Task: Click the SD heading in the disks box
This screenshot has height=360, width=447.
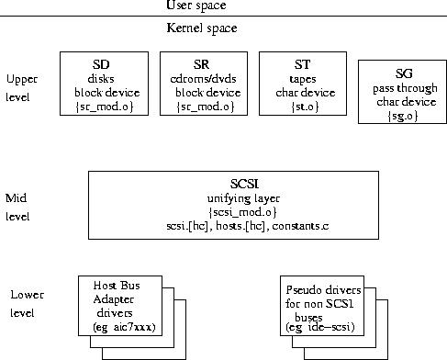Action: (x=101, y=64)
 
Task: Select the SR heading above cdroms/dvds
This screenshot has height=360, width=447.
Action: (x=201, y=64)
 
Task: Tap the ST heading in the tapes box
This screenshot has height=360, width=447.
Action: (x=302, y=64)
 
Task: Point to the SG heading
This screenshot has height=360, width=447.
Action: (x=404, y=73)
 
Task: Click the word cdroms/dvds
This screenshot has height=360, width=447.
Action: (x=203, y=79)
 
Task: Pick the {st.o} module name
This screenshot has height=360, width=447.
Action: (x=305, y=107)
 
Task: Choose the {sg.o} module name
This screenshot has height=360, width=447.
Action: (x=403, y=116)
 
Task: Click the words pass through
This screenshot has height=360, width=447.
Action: (x=405, y=88)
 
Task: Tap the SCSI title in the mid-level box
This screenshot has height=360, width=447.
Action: (x=244, y=184)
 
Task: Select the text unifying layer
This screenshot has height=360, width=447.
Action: (x=243, y=198)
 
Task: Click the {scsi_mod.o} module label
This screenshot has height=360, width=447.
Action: (x=242, y=212)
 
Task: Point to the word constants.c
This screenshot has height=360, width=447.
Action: (x=300, y=226)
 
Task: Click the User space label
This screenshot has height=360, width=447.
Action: (x=196, y=6)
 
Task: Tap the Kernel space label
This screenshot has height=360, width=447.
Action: (x=202, y=28)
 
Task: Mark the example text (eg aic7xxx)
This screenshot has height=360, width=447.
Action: (x=124, y=327)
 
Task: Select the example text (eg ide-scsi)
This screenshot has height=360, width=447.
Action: (x=320, y=327)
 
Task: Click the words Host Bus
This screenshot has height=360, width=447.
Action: (x=117, y=286)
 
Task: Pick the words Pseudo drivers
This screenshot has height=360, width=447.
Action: (x=323, y=289)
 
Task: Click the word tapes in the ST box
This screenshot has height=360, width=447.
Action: (x=303, y=79)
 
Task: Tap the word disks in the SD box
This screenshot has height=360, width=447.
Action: (x=101, y=79)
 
